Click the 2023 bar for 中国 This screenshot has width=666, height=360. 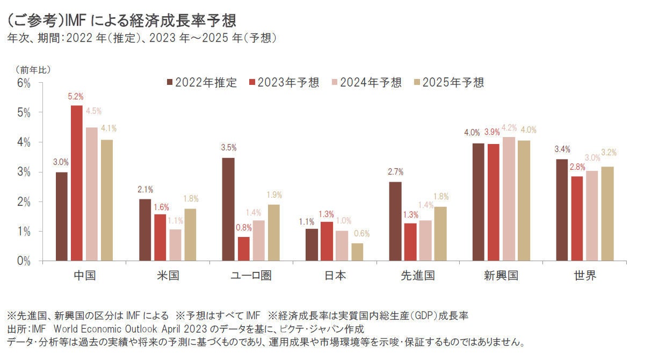coord(76,183)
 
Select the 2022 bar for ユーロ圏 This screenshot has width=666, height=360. coord(228,209)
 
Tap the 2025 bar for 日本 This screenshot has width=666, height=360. coord(357,252)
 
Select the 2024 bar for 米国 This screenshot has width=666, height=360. coord(175,245)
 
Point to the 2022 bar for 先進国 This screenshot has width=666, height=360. coord(395,221)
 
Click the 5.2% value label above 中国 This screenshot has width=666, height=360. coord(76,97)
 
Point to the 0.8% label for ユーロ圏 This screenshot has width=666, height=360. coord(243,227)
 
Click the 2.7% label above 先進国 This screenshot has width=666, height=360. coord(395,172)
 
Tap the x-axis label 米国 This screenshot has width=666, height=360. coord(168,276)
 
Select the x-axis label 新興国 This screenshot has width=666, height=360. coord(501,276)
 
